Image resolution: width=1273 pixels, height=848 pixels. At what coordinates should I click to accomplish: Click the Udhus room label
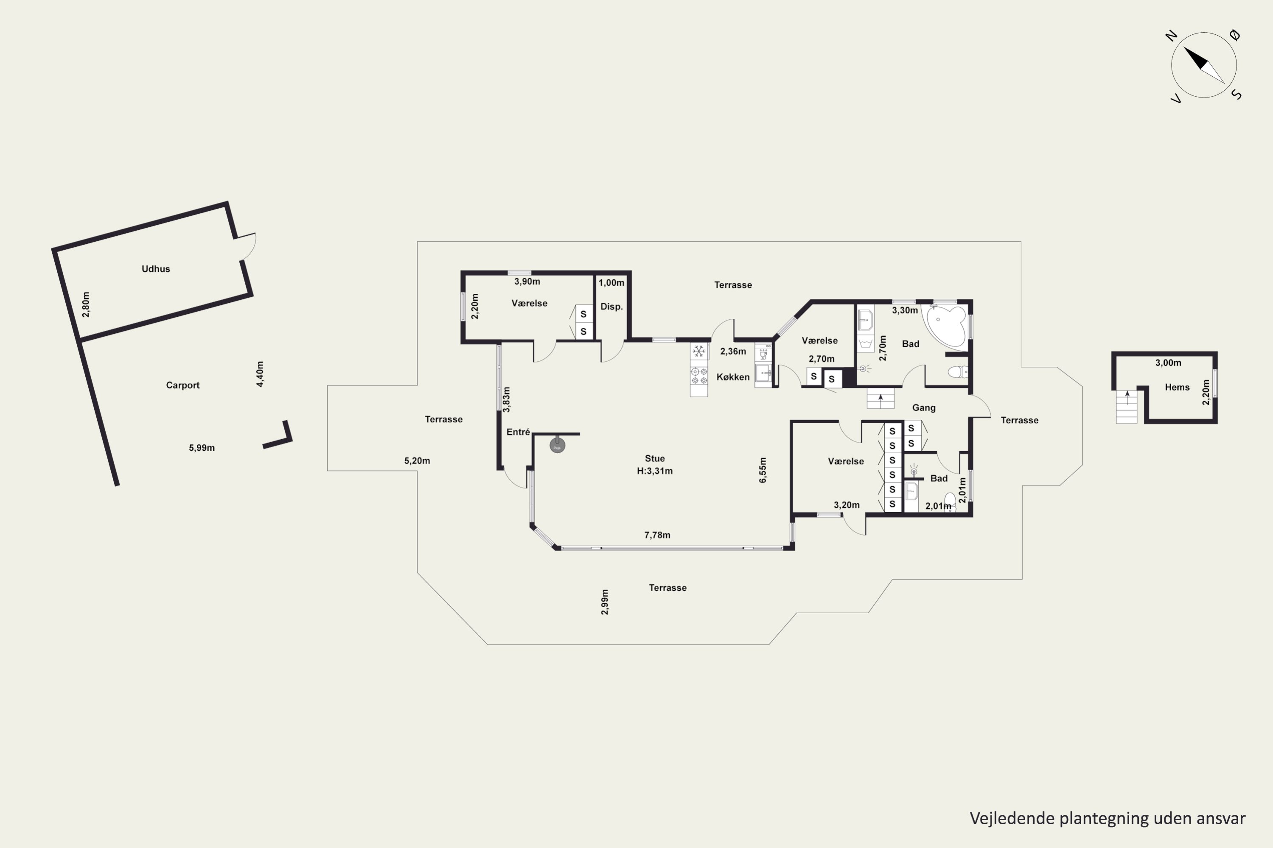coord(156,269)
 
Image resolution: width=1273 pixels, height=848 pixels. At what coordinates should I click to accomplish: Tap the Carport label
coord(182,385)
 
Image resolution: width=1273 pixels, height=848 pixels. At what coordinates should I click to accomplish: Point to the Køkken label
coord(733,377)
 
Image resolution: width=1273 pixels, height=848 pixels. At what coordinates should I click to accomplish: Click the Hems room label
coord(1177,387)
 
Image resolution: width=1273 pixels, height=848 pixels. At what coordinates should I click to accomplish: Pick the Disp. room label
coord(611,307)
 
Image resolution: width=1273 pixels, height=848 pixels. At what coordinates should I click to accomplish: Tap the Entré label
coord(518,432)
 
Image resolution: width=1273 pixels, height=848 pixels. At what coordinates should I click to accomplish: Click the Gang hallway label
coord(924,408)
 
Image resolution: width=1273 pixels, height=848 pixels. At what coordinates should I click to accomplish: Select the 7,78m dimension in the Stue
coord(657,535)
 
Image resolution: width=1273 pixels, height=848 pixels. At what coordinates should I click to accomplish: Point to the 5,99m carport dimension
coord(202,448)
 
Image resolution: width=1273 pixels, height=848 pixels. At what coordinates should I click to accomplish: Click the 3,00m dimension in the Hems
coord(1168,363)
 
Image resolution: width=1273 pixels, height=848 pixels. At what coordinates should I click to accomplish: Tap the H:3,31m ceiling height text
coord(655,471)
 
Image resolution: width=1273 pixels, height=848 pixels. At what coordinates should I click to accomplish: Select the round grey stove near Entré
coord(558,445)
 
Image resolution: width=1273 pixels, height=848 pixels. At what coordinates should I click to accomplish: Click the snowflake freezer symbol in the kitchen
coord(699,351)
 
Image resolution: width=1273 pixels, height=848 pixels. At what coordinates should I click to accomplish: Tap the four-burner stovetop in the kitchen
coord(699,376)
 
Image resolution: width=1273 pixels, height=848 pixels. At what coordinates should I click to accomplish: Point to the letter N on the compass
coord(1172,36)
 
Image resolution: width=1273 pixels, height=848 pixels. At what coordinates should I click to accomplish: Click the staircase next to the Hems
coord(1127,407)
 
